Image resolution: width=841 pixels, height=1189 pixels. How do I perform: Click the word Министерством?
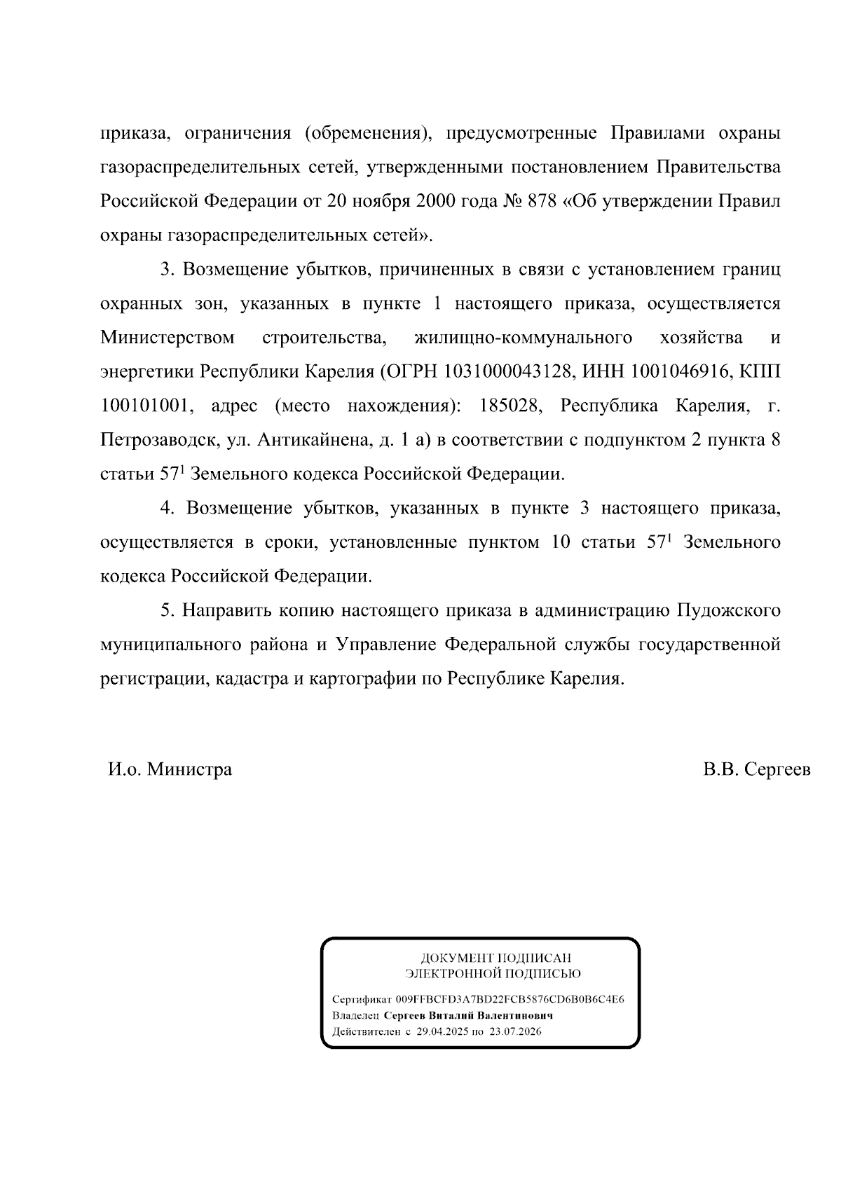(167, 338)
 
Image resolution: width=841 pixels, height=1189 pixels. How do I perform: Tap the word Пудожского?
(728, 610)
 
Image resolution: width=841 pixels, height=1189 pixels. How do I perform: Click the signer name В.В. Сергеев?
(757, 770)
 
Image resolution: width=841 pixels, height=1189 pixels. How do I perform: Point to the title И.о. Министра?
(170, 770)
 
